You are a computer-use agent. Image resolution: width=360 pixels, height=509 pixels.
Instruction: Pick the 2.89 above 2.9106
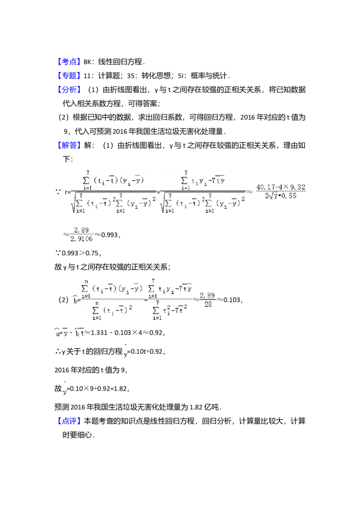point(81,230)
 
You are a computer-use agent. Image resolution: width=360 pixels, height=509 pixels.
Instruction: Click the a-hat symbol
point(58,333)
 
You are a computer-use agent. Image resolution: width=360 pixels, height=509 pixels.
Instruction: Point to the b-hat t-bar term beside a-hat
point(79,333)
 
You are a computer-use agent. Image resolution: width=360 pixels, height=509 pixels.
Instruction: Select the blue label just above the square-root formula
point(69,145)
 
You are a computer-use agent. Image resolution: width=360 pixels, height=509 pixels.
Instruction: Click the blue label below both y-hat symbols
point(70,420)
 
